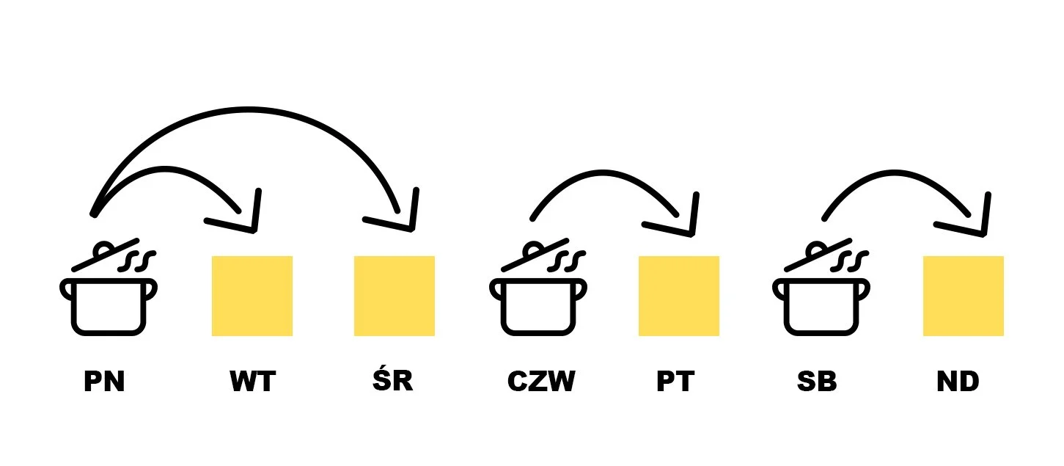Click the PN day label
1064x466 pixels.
(x=104, y=382)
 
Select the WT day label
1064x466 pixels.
(x=252, y=382)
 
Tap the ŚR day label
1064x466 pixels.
(x=393, y=380)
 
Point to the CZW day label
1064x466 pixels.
(x=541, y=382)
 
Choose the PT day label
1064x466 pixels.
(x=675, y=382)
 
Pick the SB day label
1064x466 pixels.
(x=817, y=382)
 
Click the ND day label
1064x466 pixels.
(x=958, y=382)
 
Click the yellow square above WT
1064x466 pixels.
(x=252, y=296)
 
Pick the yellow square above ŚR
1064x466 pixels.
(x=395, y=296)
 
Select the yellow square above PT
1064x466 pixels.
(x=679, y=296)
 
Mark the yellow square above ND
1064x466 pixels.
(x=964, y=296)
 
